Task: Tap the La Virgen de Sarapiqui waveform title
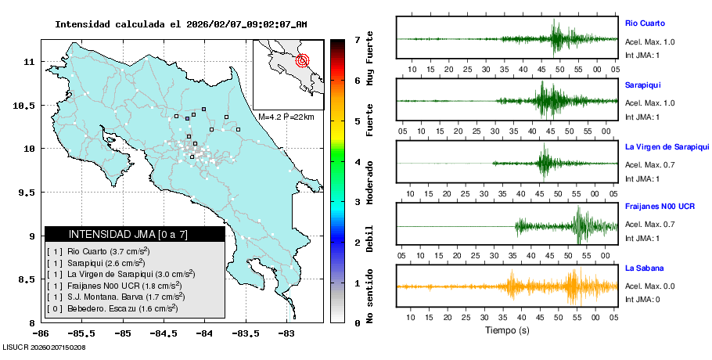pos(667,146)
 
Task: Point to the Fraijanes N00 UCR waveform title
pos(660,207)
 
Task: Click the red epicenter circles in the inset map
pos(304,60)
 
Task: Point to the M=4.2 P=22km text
pos(286,117)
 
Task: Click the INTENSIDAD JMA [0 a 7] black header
pos(135,234)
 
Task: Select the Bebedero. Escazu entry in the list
pos(118,309)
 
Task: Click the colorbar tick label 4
pos(357,162)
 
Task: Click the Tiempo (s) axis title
pos(507,329)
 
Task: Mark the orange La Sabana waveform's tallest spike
pos(574,286)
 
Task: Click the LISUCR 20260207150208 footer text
pos(44,347)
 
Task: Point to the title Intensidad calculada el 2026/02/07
pos(181,24)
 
